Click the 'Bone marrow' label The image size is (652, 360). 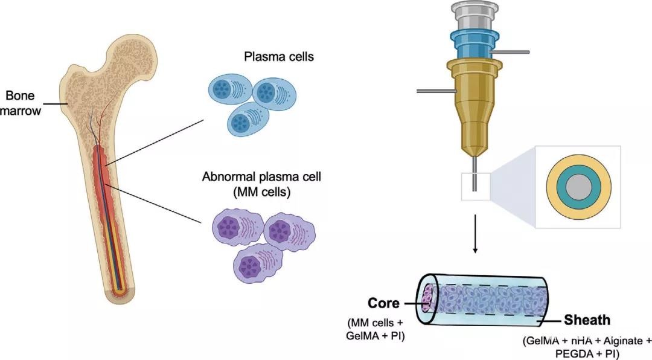tap(24, 103)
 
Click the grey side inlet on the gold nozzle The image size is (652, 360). tap(434, 91)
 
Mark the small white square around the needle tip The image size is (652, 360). tap(476, 187)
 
